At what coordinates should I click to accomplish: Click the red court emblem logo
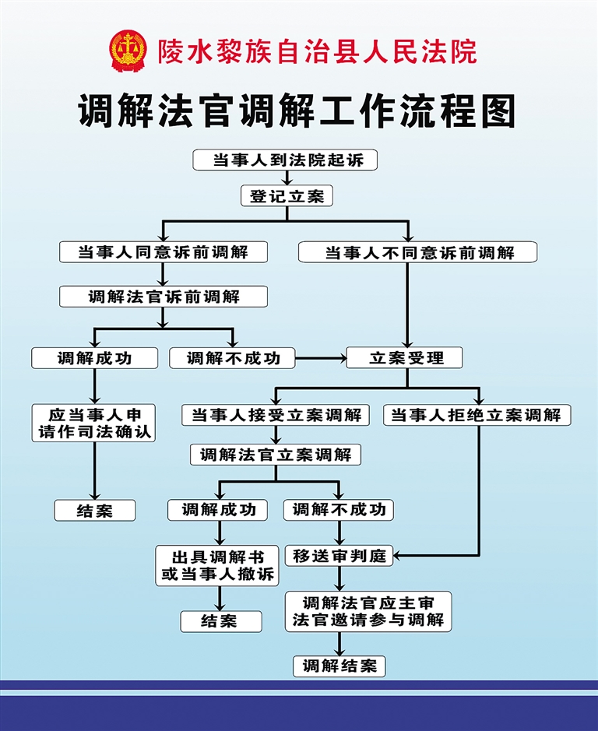tap(128, 51)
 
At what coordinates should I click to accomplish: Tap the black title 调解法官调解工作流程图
tap(297, 111)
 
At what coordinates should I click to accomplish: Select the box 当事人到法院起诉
tap(285, 160)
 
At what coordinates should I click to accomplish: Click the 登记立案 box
tap(286, 196)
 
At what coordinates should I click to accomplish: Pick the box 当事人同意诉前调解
tap(164, 251)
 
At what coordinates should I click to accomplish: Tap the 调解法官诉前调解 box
tap(164, 297)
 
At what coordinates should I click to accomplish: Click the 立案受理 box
tap(405, 357)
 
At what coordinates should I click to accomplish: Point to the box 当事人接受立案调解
tap(276, 415)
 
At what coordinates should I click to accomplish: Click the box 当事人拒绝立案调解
tap(477, 415)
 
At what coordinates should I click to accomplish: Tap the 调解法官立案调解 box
tap(276, 455)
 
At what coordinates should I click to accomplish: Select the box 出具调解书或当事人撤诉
tap(217, 565)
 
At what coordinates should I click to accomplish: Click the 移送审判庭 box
tap(339, 556)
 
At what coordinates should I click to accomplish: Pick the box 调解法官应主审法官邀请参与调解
tap(368, 611)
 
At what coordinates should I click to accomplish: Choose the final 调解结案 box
tap(339, 666)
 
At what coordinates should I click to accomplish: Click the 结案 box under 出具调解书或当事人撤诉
tap(221, 620)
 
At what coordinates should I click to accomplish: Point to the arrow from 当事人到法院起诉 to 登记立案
tap(286, 178)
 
